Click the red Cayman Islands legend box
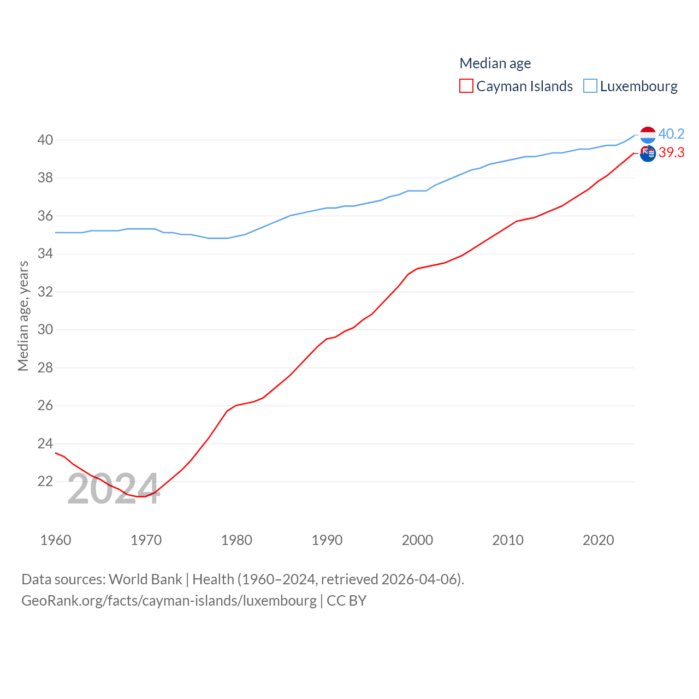[x=466, y=86]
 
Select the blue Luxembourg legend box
[x=590, y=86]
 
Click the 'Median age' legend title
[x=495, y=63]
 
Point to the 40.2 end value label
[x=671, y=134]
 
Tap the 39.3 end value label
[x=671, y=152]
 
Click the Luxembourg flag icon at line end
[x=648, y=134]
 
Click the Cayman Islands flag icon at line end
[x=648, y=154]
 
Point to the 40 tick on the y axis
[x=45, y=140]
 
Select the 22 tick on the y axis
[x=45, y=481]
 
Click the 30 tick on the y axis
[x=45, y=329]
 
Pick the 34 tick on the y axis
[x=45, y=253]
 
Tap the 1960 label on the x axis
[x=56, y=540]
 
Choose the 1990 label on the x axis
[x=327, y=540]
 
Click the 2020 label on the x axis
[x=599, y=540]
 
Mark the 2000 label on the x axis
[x=417, y=540]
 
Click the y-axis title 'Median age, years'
[x=23, y=316]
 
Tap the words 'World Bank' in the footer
[x=145, y=579]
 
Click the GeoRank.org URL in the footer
[x=169, y=601]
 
